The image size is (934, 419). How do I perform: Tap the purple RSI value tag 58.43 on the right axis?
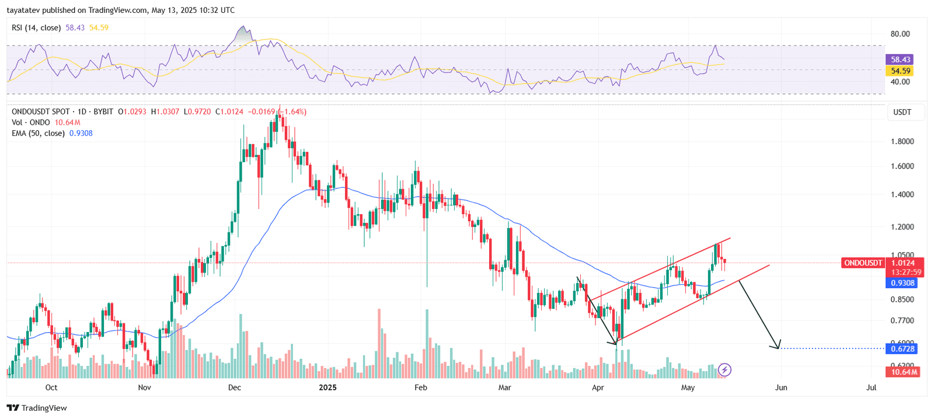(x=900, y=60)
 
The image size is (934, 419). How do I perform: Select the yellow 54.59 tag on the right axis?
(x=900, y=71)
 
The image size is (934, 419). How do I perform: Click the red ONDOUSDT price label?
(x=863, y=263)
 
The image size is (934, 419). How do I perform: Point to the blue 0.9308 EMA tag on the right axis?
(x=902, y=283)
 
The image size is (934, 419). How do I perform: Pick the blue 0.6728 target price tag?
(x=902, y=348)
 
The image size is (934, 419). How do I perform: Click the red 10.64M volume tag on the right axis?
(x=902, y=372)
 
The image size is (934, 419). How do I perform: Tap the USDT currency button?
(x=902, y=112)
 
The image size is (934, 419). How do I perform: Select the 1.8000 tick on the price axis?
(x=902, y=141)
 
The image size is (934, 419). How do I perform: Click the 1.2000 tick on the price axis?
(x=902, y=227)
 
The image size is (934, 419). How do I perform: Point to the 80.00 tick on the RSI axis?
(x=900, y=34)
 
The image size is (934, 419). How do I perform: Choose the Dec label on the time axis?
(x=235, y=387)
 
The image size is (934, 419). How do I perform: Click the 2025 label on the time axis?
(x=327, y=387)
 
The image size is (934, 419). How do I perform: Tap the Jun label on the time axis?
(x=781, y=387)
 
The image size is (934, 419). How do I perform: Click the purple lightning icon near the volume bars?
(x=724, y=369)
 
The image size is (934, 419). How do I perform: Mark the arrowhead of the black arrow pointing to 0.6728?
(x=778, y=348)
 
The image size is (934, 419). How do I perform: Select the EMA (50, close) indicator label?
(x=38, y=133)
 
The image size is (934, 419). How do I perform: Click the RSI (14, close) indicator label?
(x=36, y=27)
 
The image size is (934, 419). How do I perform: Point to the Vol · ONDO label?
(x=31, y=123)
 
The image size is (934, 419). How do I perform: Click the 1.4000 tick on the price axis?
(x=902, y=194)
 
